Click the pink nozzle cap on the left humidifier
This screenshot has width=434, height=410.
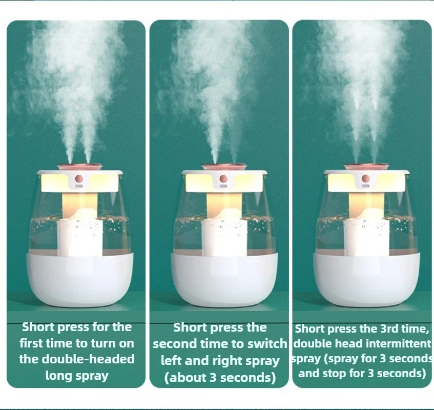79,166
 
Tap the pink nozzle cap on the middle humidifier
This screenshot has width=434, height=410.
224,167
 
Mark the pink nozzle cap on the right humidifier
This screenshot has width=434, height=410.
366,167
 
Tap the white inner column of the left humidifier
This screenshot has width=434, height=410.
79,236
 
